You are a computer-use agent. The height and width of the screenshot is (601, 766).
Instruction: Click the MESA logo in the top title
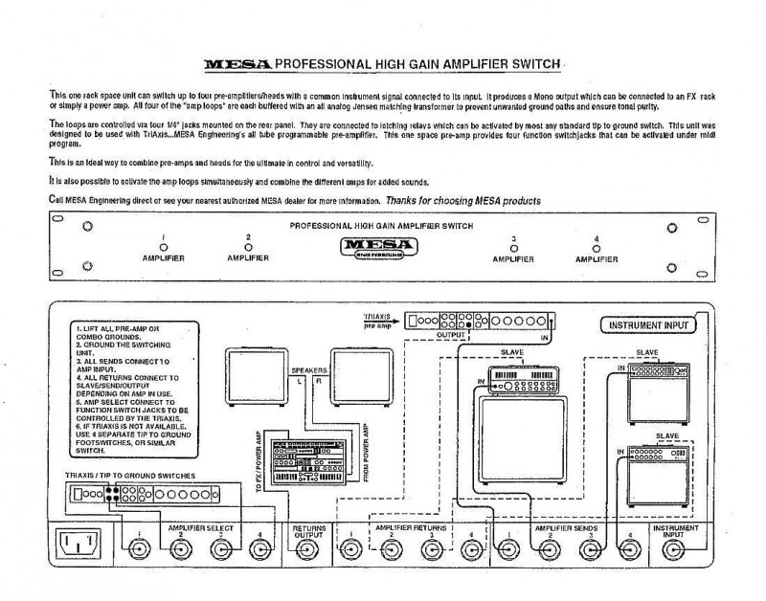tap(237, 66)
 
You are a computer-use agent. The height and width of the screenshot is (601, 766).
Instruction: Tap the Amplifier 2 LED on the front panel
tap(248, 247)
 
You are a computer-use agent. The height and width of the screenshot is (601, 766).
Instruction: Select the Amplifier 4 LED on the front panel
tap(597, 248)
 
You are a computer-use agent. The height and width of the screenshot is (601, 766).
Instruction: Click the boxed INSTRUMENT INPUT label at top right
tap(644, 325)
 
